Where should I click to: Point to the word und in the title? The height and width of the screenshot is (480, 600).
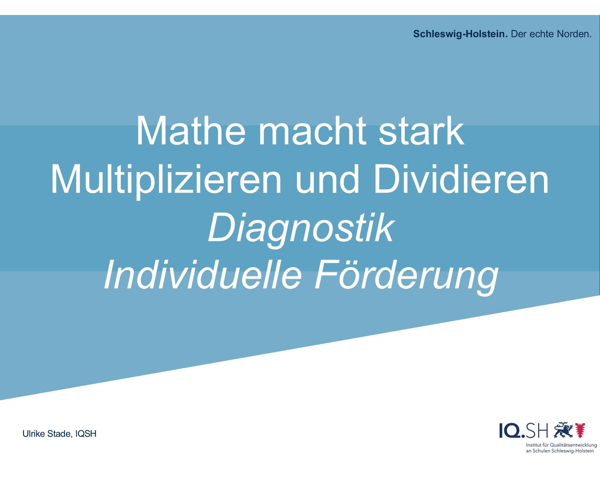pyautogui.click(x=327, y=179)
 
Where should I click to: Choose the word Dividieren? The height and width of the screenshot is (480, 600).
pyautogui.click(x=461, y=179)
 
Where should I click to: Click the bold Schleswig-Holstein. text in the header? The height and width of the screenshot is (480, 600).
pyautogui.click(x=460, y=34)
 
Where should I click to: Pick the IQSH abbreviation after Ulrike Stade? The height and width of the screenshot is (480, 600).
pyautogui.click(x=86, y=434)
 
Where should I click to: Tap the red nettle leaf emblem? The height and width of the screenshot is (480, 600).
pyautogui.click(x=580, y=430)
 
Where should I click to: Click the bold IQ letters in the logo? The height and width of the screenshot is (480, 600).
pyautogui.click(x=510, y=431)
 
